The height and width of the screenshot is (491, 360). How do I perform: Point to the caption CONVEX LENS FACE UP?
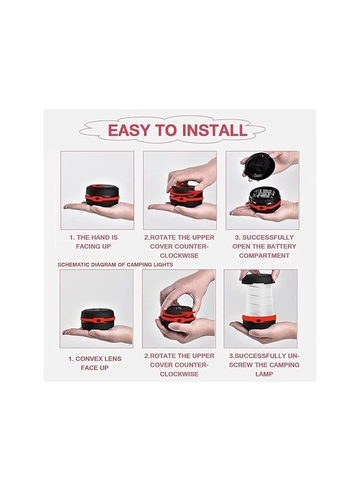[x=95, y=363]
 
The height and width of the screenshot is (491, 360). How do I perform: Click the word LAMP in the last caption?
[x=263, y=374]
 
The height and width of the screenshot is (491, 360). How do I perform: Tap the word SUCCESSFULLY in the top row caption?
[x=268, y=237]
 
